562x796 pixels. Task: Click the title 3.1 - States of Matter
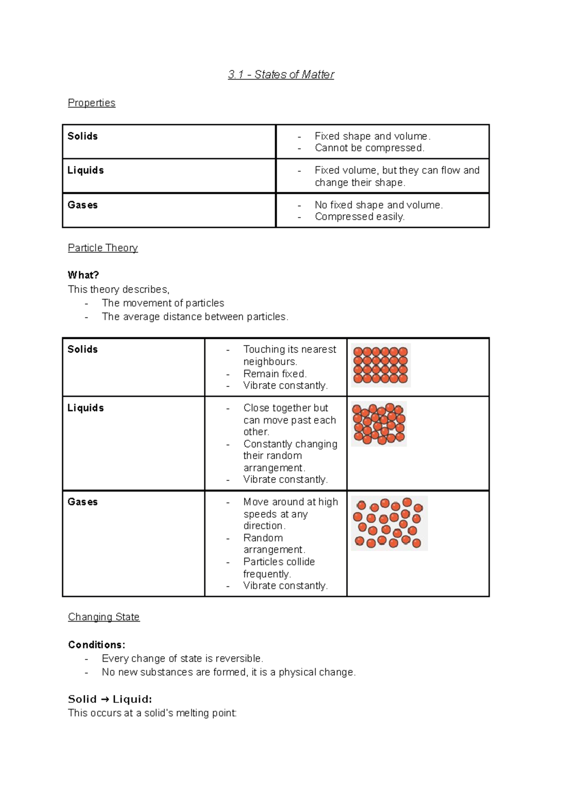click(281, 75)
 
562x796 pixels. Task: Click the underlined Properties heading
click(91, 103)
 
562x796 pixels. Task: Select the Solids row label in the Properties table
click(82, 136)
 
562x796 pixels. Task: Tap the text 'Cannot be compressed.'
click(369, 148)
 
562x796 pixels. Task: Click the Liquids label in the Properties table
click(85, 170)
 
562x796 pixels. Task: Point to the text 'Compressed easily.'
click(359, 217)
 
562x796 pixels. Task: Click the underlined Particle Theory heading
click(103, 248)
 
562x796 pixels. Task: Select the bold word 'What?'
click(83, 275)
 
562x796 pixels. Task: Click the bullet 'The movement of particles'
click(163, 303)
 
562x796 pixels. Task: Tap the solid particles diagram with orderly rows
click(381, 365)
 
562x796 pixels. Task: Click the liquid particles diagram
click(379, 424)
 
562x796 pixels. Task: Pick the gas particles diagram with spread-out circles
click(389, 523)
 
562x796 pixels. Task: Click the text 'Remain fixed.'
click(274, 374)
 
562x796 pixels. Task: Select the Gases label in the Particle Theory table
click(82, 502)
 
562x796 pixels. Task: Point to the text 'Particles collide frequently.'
click(279, 568)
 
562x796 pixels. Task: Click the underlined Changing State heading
click(104, 616)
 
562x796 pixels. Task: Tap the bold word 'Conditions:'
click(96, 645)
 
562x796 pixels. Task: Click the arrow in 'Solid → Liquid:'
click(104, 699)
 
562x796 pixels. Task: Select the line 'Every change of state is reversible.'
click(182, 658)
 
